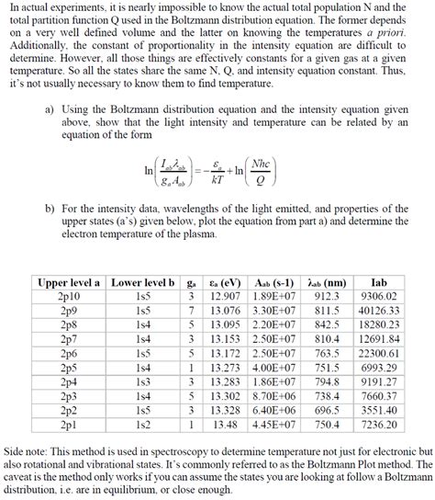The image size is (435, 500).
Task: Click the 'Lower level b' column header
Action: (x=142, y=282)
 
